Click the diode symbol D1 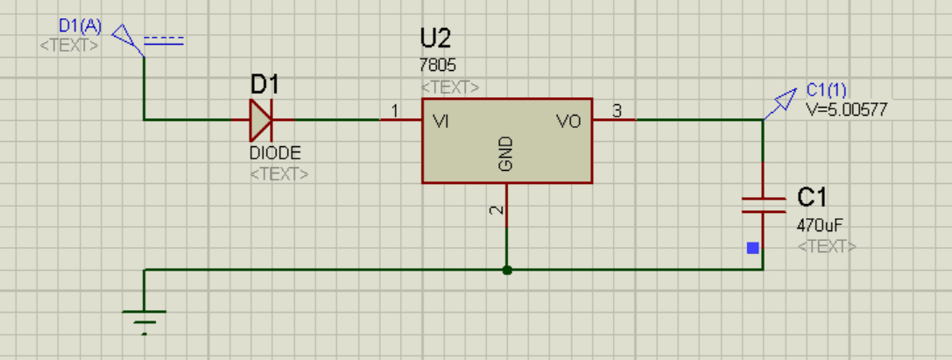click(261, 120)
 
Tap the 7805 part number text click(438, 66)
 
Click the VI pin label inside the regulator click(441, 122)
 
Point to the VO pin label click(568, 122)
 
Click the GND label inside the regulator click(505, 153)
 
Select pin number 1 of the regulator click(394, 111)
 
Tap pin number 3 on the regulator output click(617, 111)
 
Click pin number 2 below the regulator click(497, 210)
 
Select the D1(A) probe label click(80, 26)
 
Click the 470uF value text click(814, 224)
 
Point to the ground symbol click(144, 317)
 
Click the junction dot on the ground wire click(506, 270)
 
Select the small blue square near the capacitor click(752, 248)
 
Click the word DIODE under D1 click(275, 152)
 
